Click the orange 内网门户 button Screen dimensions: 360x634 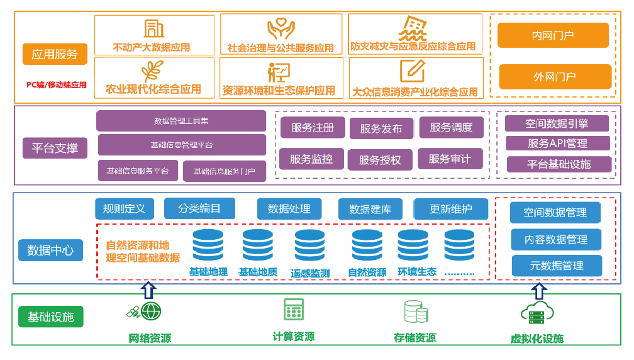553,35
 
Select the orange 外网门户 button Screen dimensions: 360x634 555,77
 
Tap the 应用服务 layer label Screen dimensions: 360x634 55,54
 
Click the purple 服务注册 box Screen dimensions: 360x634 312,127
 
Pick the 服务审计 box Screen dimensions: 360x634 450,159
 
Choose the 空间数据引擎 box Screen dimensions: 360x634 557,123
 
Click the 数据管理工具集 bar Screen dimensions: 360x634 181,121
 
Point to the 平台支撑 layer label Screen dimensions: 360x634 55,149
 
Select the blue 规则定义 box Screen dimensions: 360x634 124,208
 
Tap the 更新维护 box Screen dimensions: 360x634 450,209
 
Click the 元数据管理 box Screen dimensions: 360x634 556,266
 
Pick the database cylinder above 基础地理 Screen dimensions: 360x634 208,245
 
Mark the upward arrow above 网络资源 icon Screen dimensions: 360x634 148,290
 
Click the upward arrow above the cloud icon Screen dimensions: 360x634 538,291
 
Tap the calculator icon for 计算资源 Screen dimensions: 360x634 294,310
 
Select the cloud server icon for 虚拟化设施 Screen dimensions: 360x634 537,313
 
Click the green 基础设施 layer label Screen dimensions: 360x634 50,317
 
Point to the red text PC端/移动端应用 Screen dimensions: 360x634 57,84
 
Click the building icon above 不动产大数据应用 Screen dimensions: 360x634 153,28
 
